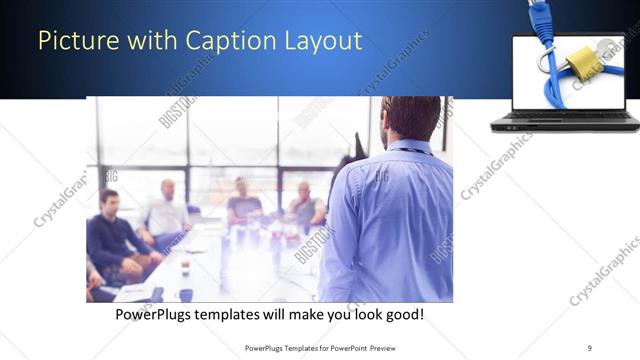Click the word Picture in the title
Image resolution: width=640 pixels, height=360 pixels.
[73, 41]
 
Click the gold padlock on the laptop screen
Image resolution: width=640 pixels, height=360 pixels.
[580, 63]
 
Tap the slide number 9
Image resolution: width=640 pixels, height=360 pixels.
[590, 348]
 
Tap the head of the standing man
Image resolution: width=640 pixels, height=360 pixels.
[411, 118]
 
